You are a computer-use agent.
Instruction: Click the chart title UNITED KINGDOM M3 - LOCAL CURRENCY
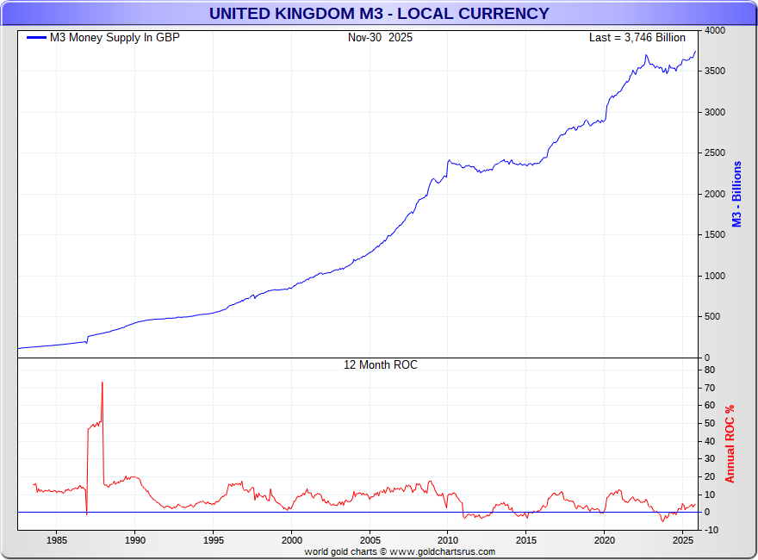pyautogui.click(x=379, y=13)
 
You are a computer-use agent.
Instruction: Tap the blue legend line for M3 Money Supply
pyautogui.click(x=36, y=38)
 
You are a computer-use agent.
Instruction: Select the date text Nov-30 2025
pyautogui.click(x=380, y=38)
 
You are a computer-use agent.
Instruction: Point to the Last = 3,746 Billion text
pyautogui.click(x=637, y=38)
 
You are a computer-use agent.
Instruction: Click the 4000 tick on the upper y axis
pyautogui.click(x=714, y=31)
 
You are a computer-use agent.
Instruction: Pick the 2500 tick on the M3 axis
pyautogui.click(x=714, y=153)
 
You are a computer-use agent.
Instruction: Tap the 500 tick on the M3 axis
pyautogui.click(x=711, y=317)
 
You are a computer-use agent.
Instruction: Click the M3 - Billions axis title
pyautogui.click(x=736, y=194)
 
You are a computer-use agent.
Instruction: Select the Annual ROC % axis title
pyautogui.click(x=730, y=444)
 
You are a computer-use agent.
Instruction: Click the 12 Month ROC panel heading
pyautogui.click(x=380, y=365)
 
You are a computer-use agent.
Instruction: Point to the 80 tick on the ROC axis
pyautogui.click(x=709, y=370)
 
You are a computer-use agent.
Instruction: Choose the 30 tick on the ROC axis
pyautogui.click(x=709, y=459)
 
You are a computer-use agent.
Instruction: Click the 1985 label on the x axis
pyautogui.click(x=57, y=540)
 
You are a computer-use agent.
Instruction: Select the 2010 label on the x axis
pyautogui.click(x=448, y=540)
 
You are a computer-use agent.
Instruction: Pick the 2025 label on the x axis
pyautogui.click(x=683, y=540)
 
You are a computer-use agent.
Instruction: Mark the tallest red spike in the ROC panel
pyautogui.click(x=103, y=384)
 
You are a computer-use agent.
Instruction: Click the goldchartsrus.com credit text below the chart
pyautogui.click(x=400, y=551)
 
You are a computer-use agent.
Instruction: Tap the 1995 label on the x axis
pyautogui.click(x=214, y=540)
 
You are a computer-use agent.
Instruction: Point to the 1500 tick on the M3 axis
pyautogui.click(x=714, y=235)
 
